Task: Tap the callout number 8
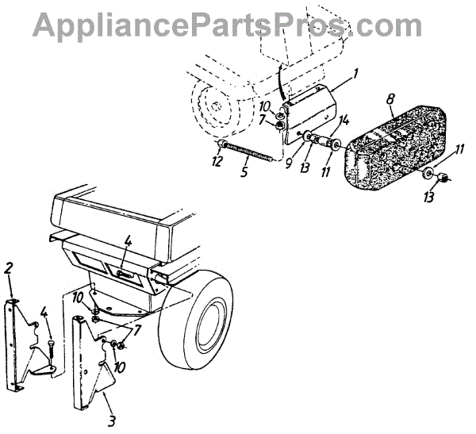pyautogui.click(x=390, y=101)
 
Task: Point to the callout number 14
pyautogui.click(x=344, y=120)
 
